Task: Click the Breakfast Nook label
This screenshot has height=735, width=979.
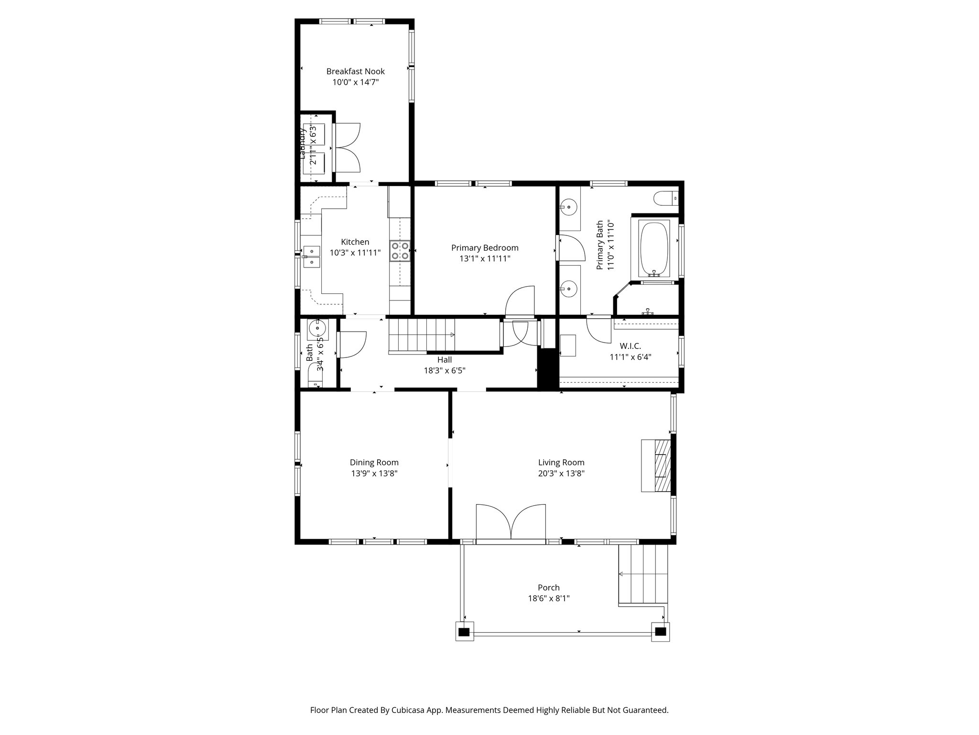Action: tap(355, 71)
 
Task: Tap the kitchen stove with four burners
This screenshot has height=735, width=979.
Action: tap(400, 250)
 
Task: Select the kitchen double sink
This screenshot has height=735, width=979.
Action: tap(311, 256)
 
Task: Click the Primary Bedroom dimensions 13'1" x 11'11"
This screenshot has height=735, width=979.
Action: tap(485, 259)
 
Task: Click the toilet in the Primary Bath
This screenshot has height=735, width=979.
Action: tap(665, 197)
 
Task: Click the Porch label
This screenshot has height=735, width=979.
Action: tap(548, 588)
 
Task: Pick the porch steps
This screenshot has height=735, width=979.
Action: tap(643, 574)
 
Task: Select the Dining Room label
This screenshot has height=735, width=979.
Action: tap(374, 463)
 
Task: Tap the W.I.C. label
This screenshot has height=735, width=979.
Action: tap(630, 346)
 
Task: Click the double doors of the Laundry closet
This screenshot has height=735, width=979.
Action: tap(348, 147)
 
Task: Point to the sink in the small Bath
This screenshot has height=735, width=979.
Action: tap(317, 329)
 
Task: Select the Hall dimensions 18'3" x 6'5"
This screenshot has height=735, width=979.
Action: tap(444, 370)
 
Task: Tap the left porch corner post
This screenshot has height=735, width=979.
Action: tap(464, 632)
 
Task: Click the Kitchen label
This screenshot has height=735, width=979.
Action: tap(355, 242)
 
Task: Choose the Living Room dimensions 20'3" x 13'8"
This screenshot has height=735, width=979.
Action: tap(561, 474)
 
